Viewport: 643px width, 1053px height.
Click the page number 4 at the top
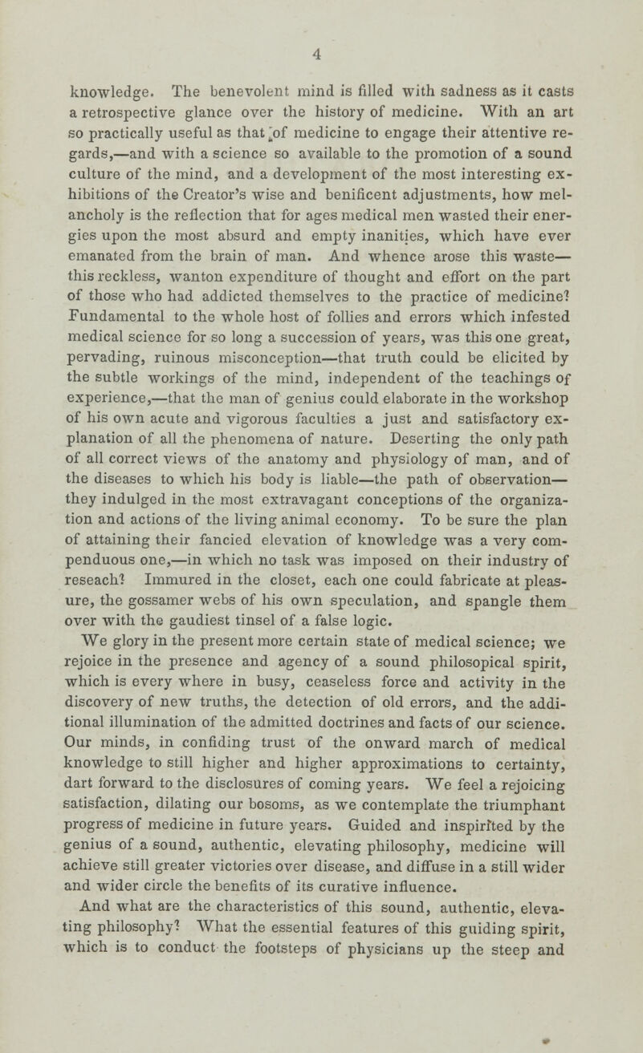click(x=319, y=55)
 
